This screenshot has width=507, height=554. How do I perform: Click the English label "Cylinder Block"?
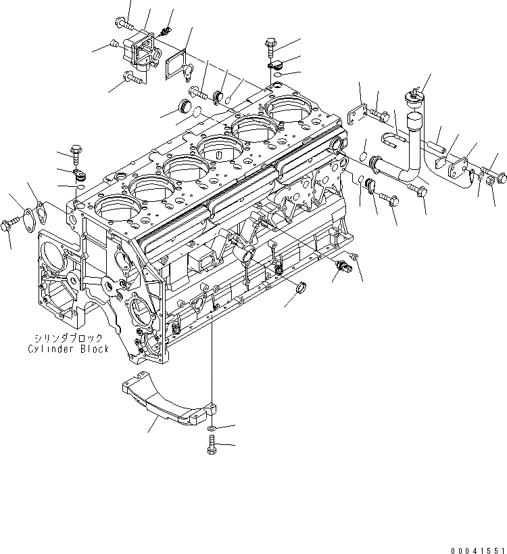coord(68,349)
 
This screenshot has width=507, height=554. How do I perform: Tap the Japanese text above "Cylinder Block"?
coord(68,338)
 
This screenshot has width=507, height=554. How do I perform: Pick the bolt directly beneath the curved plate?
coord(212,445)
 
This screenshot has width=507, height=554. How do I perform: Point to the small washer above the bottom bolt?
coord(212,429)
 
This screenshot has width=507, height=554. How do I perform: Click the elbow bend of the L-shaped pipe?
coord(410,172)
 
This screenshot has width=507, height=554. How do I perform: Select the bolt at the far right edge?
coord(499,179)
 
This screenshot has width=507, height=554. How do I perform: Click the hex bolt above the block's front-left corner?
coord(74,152)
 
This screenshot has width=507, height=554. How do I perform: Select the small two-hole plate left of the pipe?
coord(356,114)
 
